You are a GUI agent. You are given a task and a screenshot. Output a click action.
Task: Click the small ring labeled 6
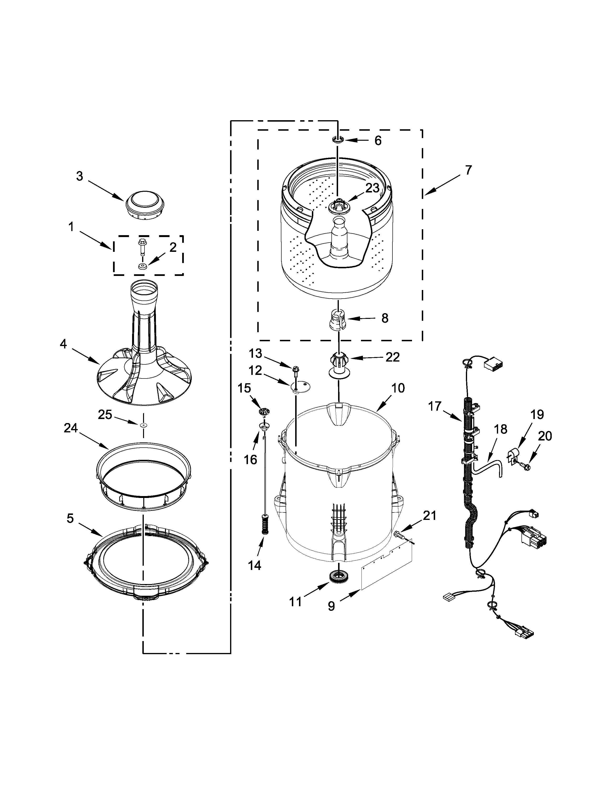tap(337, 140)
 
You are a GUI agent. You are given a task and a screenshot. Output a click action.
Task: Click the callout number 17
tap(435, 406)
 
